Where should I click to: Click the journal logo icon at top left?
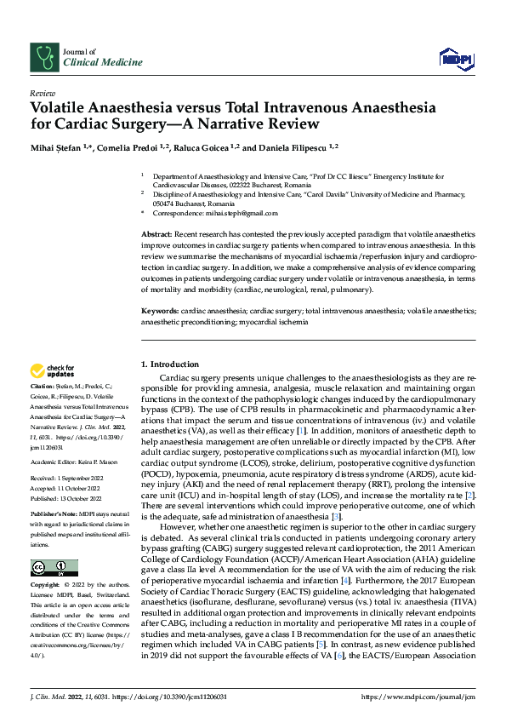click(43, 56)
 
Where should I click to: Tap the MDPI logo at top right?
click(454, 57)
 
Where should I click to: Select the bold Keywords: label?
click(159, 312)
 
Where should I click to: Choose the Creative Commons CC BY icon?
click(54, 567)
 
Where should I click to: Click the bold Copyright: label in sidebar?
click(47, 586)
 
